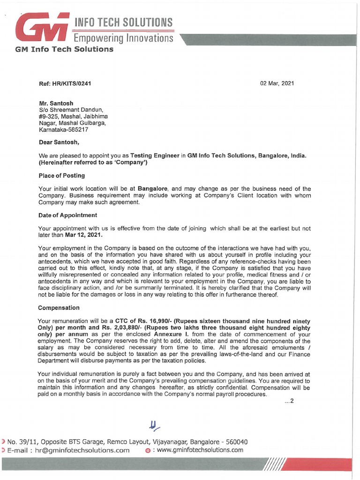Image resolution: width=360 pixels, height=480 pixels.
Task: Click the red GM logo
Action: (x=43, y=27)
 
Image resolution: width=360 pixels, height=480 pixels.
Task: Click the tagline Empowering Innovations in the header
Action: (x=123, y=37)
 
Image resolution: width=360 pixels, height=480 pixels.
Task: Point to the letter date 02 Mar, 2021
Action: (x=277, y=83)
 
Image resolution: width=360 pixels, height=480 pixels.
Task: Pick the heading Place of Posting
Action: (x=61, y=175)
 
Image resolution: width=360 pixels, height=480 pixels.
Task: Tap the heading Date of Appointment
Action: (x=67, y=215)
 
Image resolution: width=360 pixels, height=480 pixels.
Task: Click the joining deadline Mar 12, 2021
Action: (x=83, y=235)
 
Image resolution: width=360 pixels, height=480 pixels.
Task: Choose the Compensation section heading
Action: (x=59, y=308)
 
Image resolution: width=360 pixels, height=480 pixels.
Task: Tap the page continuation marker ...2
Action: (x=288, y=400)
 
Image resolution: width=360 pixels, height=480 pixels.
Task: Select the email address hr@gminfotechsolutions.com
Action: (x=83, y=450)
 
